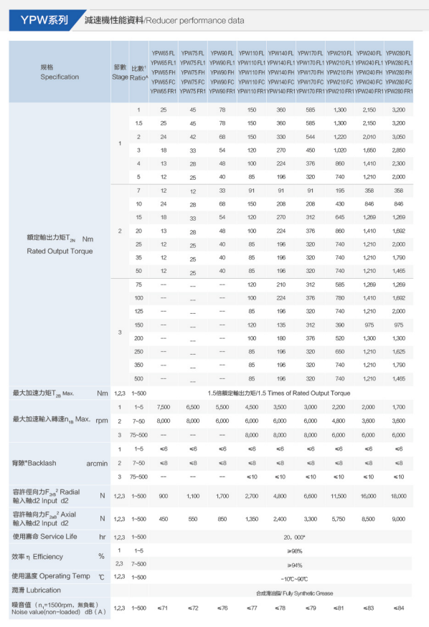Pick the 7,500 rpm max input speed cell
tap(163, 407)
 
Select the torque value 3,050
tap(398, 136)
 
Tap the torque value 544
tap(310, 136)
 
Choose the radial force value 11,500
tap(339, 495)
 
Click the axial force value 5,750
tap(339, 518)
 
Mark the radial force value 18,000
tap(398, 495)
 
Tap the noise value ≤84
tap(398, 608)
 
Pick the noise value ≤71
tap(163, 608)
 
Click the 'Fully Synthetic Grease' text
tap(286, 593)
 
